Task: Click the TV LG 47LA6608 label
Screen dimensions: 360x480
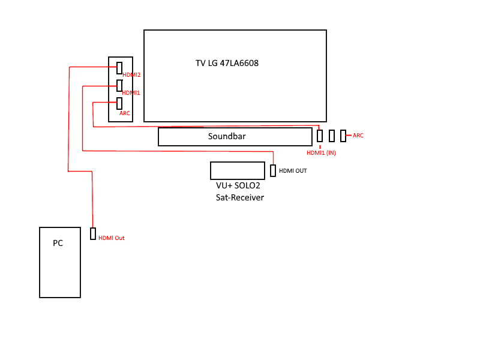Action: coord(227,62)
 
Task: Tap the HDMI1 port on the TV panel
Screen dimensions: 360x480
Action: coord(119,85)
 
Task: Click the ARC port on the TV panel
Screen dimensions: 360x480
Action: coord(119,103)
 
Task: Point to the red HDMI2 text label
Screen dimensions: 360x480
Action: coord(131,75)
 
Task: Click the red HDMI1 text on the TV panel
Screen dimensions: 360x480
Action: coord(131,93)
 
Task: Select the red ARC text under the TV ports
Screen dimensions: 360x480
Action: coord(125,113)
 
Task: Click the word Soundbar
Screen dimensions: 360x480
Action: coord(227,137)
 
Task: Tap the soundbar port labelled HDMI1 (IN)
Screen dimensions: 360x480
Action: coord(320,136)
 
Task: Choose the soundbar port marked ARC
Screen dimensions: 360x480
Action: coord(343,136)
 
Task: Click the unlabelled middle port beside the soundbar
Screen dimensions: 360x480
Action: coord(332,136)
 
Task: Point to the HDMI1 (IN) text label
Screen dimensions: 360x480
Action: coord(322,153)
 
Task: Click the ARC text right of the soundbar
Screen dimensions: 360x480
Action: coord(358,136)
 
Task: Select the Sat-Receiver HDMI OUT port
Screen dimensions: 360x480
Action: coord(273,170)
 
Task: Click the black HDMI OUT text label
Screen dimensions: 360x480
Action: coord(293,171)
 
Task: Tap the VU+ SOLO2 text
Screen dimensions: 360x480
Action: coord(238,186)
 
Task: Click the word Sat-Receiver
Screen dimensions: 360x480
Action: coord(240,197)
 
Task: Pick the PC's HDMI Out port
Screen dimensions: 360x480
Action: coord(93,233)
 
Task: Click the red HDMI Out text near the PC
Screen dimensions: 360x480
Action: coord(112,238)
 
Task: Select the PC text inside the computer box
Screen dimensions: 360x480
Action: coord(58,243)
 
